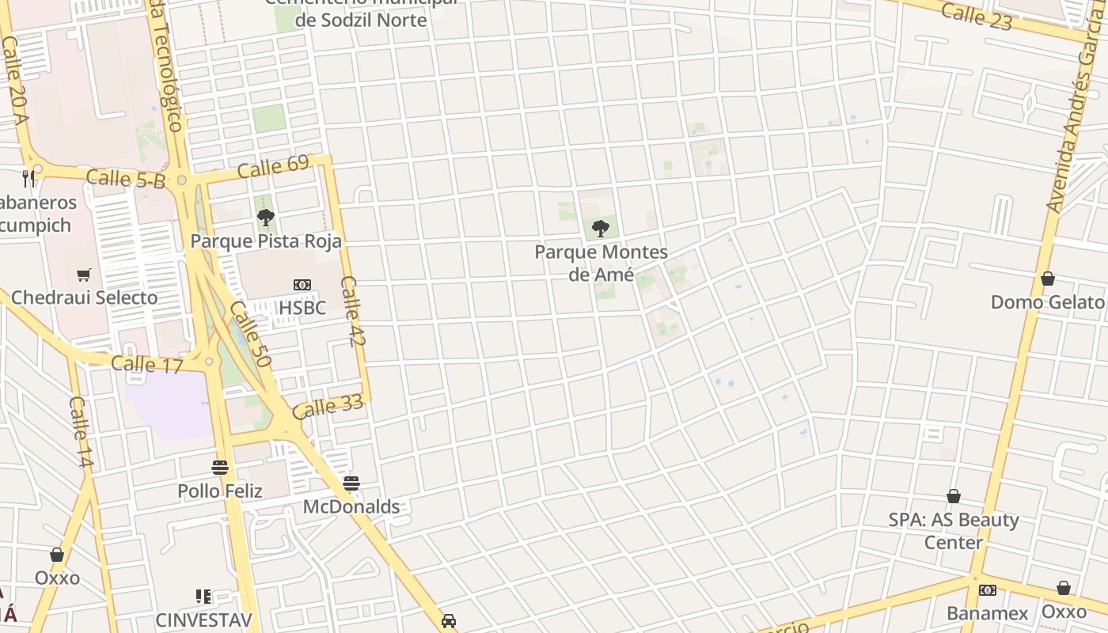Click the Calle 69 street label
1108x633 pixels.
click(x=273, y=167)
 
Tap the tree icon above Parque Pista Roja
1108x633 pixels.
click(x=266, y=217)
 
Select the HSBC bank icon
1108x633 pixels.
click(x=302, y=285)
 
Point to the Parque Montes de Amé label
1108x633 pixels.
click(x=601, y=263)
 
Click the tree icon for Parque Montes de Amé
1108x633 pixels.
click(x=601, y=229)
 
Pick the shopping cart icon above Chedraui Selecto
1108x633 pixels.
click(x=84, y=275)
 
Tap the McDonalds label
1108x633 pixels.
click(x=351, y=506)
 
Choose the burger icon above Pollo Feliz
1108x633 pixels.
click(x=220, y=468)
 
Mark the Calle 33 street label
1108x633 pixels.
click(x=327, y=407)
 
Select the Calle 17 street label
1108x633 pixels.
click(x=147, y=365)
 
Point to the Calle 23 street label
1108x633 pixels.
click(x=977, y=16)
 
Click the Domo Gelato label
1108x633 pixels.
click(x=1047, y=301)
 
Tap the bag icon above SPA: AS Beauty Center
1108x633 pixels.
click(x=954, y=496)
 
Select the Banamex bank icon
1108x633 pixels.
click(x=987, y=590)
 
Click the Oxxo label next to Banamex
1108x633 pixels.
click(x=1064, y=612)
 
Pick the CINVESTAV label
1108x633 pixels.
click(x=203, y=620)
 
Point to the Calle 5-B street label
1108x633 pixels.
click(x=126, y=179)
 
